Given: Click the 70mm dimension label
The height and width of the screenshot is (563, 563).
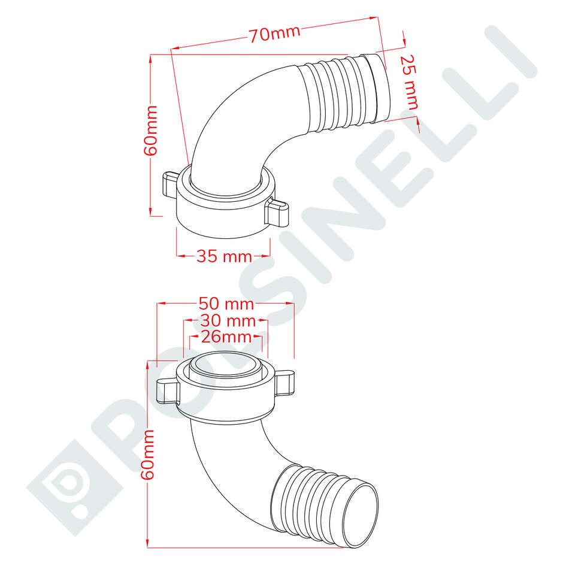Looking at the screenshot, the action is coord(275,34).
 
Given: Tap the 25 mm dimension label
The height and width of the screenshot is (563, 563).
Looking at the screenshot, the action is coord(408,82).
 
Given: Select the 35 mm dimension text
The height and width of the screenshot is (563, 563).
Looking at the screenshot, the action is coord(224,256).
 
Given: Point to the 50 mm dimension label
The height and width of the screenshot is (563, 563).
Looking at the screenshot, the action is coord(226,304).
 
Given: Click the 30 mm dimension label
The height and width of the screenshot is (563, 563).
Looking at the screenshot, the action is coord(228,320).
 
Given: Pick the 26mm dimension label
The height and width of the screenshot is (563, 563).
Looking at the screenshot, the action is coord(226,337).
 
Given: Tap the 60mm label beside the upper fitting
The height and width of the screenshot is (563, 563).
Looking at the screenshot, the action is coord(151,131).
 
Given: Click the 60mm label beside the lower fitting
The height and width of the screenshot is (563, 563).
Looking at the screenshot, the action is coord(147,455).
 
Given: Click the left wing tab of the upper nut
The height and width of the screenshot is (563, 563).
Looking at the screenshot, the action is coord(170,184).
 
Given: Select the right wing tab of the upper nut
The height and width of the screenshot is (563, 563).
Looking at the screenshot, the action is coord(277,213).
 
